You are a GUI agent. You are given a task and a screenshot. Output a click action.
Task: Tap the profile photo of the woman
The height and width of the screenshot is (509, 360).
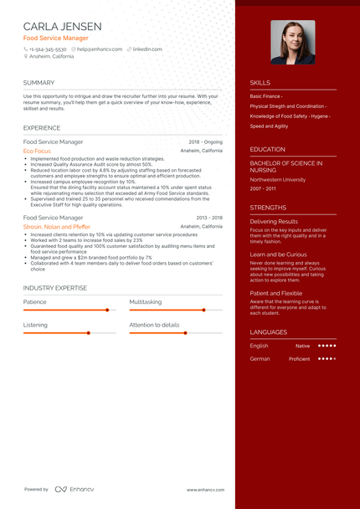click(293, 42)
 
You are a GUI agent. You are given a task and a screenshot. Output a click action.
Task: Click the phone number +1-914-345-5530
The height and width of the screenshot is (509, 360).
click(48, 49)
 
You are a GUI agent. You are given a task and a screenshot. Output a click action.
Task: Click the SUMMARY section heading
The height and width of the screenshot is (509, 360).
click(39, 83)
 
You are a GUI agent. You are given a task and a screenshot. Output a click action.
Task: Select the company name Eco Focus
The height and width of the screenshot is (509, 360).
click(37, 151)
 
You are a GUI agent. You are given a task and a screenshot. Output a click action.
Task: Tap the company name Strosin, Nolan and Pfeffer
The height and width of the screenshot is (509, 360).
click(56, 226)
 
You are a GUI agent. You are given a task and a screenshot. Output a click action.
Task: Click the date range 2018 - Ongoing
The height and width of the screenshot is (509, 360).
click(205, 142)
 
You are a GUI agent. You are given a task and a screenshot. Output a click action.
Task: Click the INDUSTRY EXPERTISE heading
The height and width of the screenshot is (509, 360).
click(54, 287)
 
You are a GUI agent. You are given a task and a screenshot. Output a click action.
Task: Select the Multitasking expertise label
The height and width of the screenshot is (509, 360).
click(147, 301)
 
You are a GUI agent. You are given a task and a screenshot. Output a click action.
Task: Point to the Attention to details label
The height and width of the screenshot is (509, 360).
click(154, 324)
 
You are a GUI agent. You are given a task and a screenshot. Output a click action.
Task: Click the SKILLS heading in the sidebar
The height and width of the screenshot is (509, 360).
click(260, 83)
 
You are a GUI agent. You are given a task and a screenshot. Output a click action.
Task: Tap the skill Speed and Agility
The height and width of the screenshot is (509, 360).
click(269, 126)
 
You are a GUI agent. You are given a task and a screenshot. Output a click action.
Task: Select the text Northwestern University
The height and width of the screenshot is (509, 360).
click(277, 179)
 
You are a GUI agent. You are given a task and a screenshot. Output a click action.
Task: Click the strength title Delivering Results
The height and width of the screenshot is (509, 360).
click(274, 221)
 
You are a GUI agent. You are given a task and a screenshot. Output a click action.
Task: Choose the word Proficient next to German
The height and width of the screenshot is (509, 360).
click(299, 359)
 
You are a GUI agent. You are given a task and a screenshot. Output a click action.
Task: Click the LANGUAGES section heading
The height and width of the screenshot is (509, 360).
click(268, 332)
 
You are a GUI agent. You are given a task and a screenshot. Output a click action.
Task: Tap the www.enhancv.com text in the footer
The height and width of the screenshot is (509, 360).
click(204, 490)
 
